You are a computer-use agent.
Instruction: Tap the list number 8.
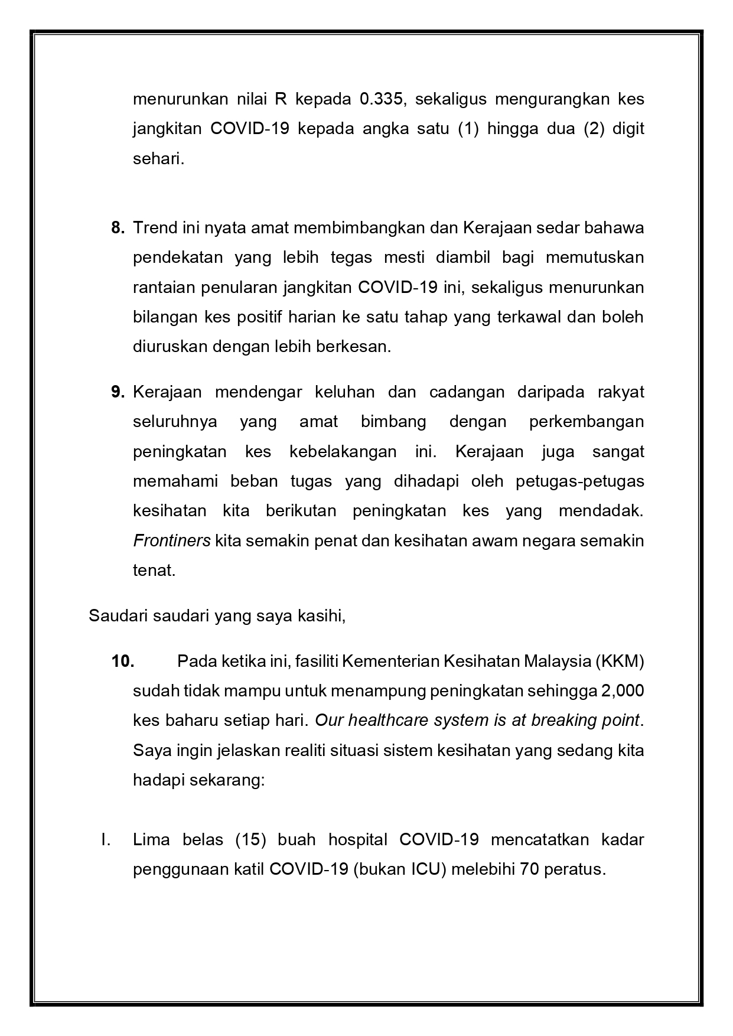click(118, 227)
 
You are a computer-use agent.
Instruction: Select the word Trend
click(155, 227)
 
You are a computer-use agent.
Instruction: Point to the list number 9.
click(118, 392)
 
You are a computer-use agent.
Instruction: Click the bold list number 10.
click(123, 661)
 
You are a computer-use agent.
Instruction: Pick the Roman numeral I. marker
click(106, 839)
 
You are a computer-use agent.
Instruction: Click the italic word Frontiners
click(171, 540)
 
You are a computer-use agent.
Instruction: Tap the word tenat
click(154, 571)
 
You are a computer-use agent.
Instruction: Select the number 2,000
click(623, 690)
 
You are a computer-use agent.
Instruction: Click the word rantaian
click(164, 287)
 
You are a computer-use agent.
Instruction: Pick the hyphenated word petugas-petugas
click(579, 481)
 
